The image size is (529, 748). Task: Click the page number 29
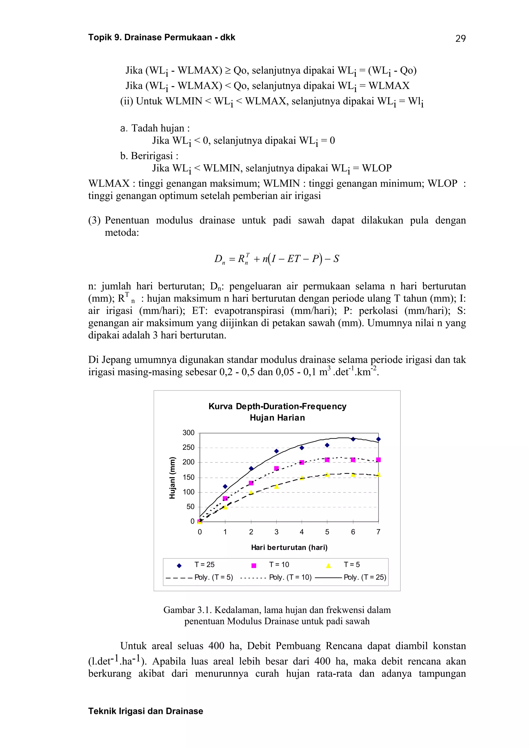(x=460, y=39)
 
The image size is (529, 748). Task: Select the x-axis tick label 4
(x=301, y=532)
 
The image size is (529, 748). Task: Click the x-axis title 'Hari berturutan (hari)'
(x=289, y=547)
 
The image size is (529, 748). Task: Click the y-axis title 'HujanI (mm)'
(x=173, y=478)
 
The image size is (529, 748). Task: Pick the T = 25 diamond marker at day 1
(x=225, y=486)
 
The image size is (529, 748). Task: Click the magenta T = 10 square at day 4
(x=302, y=462)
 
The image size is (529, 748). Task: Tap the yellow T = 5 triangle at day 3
(x=276, y=487)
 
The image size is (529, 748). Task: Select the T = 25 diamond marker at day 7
(x=378, y=439)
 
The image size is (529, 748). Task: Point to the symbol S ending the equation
(x=336, y=259)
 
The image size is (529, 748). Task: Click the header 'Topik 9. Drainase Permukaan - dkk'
(x=162, y=37)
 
